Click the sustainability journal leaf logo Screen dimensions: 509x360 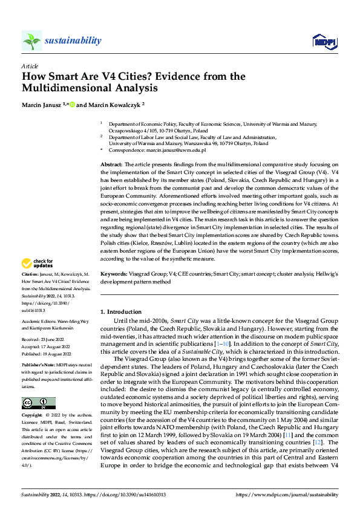point(31,41)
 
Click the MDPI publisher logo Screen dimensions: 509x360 point(324,41)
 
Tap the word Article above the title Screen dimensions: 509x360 point(30,65)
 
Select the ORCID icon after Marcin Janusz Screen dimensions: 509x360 point(72,105)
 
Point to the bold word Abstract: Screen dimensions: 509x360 point(112,164)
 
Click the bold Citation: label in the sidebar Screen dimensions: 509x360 point(31,275)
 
